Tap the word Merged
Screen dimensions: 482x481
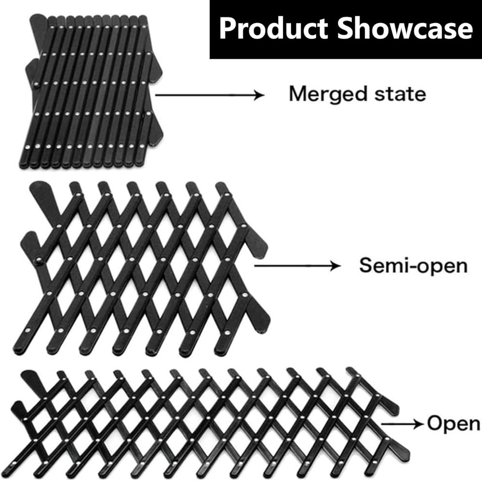[x=328, y=94]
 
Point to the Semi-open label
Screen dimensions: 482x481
[x=414, y=265]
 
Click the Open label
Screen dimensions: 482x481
[x=454, y=424]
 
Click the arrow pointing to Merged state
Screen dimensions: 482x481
[x=210, y=95]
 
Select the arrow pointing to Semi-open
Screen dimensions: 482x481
[x=297, y=265]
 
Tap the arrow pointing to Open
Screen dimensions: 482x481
[x=402, y=424]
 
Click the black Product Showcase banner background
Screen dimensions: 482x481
[x=346, y=29]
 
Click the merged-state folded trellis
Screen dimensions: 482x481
[x=91, y=91]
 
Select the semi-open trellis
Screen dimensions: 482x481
[x=142, y=269]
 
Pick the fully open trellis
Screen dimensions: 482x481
[x=211, y=423]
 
